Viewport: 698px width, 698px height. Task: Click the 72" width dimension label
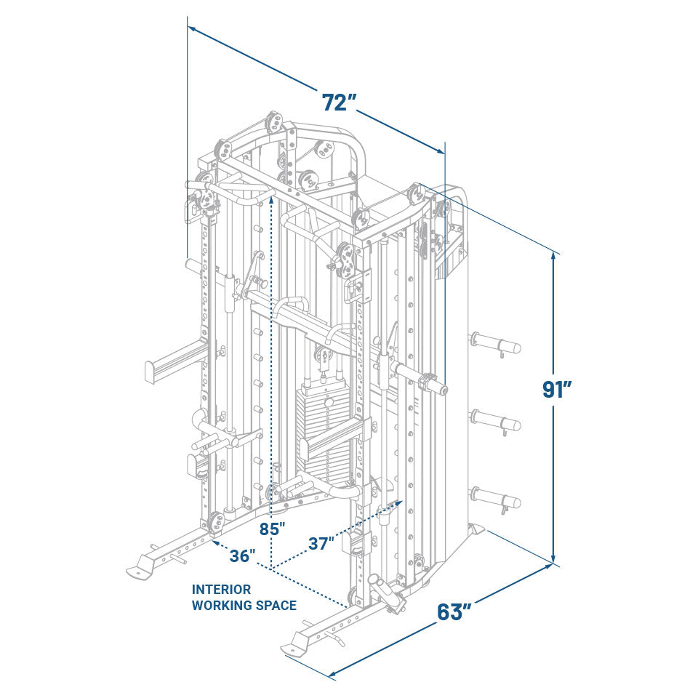[338, 103]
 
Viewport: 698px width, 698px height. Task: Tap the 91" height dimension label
[557, 390]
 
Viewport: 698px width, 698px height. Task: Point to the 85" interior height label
[273, 529]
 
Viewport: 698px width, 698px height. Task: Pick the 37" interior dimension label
[321, 542]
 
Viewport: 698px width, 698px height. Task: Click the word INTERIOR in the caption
[221, 590]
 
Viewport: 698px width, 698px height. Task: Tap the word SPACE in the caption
[276, 605]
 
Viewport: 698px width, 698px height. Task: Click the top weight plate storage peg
[496, 342]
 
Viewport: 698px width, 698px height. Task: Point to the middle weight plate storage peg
[496, 421]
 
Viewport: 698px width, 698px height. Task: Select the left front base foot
[141, 568]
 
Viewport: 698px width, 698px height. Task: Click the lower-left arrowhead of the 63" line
[332, 675]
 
